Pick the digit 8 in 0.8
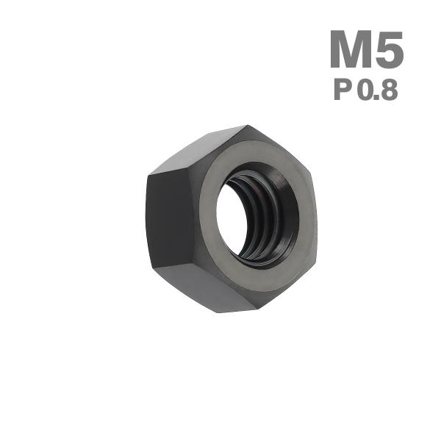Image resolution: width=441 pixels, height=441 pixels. click(390, 90)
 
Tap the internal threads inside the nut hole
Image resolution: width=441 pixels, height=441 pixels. click(259, 220)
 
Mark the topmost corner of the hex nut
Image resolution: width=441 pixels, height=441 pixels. click(246, 126)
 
